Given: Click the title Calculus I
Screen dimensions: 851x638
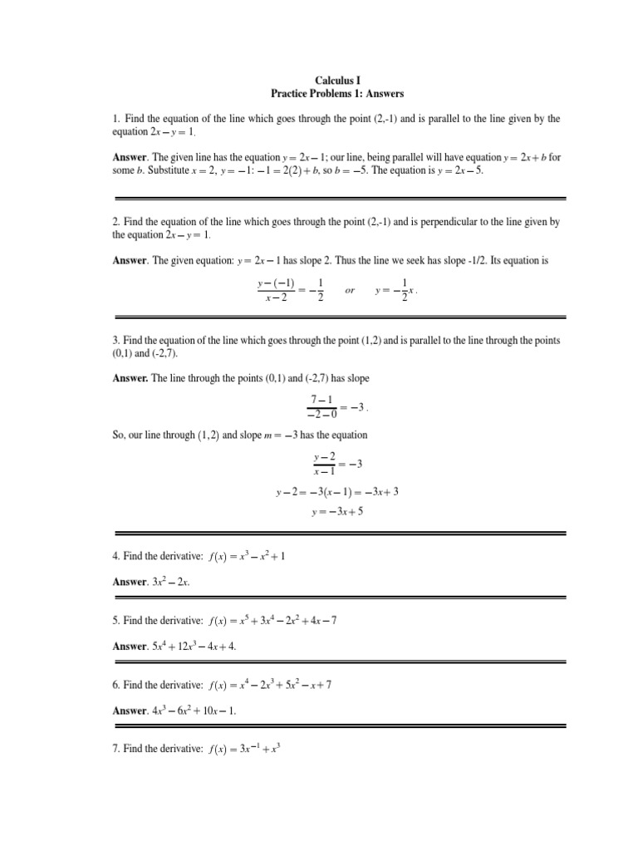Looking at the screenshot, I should tap(337, 81).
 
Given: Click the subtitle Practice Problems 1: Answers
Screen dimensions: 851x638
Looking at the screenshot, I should tap(337, 94).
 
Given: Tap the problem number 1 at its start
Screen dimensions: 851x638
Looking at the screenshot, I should tap(115, 120).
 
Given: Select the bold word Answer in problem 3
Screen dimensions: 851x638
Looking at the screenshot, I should tap(130, 378).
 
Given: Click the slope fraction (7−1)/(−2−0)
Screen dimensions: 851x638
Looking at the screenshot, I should tap(320, 407).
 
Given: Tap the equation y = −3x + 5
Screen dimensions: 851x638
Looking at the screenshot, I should tap(337, 512).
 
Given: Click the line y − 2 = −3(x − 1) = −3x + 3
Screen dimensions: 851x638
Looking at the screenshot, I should tap(337, 491).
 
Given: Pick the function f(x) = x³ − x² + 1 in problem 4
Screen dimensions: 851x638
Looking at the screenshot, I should tap(247, 556).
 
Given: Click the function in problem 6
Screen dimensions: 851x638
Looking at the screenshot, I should tap(271, 684).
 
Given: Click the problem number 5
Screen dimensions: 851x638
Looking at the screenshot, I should tap(115, 620).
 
